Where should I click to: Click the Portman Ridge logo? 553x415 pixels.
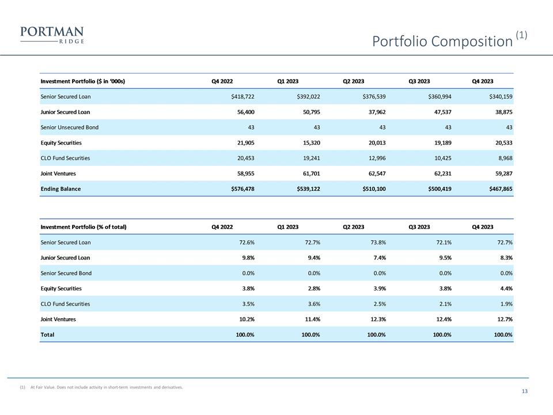point(52,35)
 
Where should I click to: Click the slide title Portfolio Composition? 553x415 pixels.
point(442,41)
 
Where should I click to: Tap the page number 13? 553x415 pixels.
point(524,392)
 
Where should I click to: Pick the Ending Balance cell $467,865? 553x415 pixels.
point(498,189)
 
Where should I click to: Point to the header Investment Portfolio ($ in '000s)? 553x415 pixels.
point(83,81)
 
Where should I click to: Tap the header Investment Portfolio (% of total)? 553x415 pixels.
point(84,227)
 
